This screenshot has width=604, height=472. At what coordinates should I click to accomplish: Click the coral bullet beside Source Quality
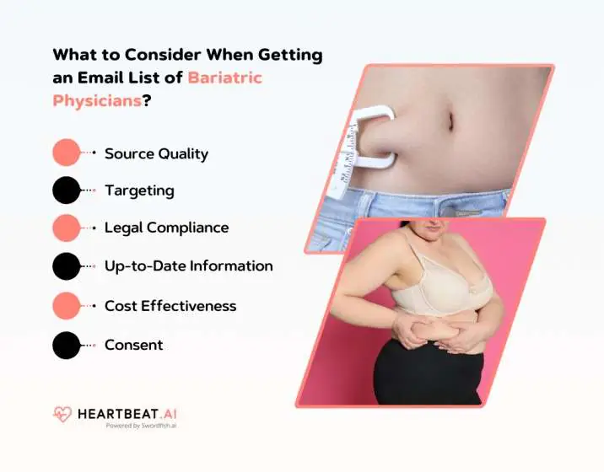point(66,153)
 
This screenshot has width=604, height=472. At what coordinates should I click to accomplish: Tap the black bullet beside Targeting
point(66,190)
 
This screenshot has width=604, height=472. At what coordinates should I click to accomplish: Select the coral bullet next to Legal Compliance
point(66,228)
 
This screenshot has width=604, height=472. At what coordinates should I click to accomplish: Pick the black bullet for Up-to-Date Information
point(66,265)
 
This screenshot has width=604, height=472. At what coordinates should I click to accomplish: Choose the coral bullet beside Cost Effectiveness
point(66,305)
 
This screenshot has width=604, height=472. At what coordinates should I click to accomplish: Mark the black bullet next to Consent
point(66,344)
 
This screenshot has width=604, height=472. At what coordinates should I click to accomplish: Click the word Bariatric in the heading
point(225,78)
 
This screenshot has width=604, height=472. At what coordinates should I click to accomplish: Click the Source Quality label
point(156,153)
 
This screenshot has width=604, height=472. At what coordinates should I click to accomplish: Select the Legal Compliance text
point(166,228)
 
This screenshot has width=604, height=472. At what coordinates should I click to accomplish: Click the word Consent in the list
point(133,344)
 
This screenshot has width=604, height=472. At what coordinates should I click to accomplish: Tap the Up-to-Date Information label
point(188,265)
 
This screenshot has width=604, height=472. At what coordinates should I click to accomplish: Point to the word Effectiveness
point(200,305)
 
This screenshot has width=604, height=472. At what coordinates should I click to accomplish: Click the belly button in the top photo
point(450,121)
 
